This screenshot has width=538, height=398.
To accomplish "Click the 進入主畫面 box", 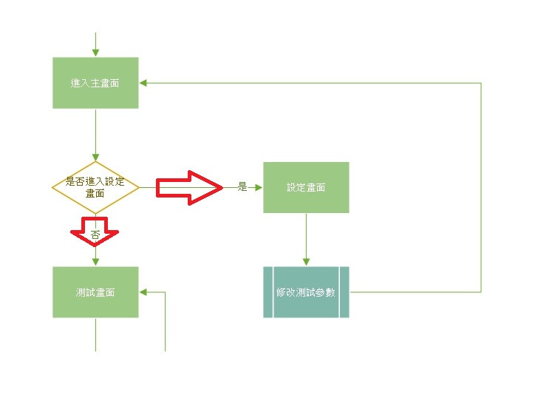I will click(x=95, y=83).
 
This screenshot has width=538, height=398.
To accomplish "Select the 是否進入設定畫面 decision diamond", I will click(x=95, y=188).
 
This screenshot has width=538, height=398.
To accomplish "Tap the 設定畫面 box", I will click(x=306, y=187).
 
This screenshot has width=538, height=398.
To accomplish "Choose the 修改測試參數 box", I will click(x=306, y=292).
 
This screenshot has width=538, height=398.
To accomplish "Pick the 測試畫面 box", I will click(x=95, y=292).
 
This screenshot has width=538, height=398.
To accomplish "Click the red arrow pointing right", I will click(x=189, y=188).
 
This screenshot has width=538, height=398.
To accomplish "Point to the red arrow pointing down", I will click(x=95, y=230).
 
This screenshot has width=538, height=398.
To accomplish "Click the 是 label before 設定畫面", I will click(x=242, y=187).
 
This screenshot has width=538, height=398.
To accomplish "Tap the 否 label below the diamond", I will click(x=95, y=235).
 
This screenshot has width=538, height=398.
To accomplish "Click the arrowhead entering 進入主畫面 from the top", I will click(x=95, y=53).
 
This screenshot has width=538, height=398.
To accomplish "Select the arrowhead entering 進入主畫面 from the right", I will click(x=144, y=83).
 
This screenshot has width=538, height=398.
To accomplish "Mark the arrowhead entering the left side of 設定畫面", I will click(x=258, y=187).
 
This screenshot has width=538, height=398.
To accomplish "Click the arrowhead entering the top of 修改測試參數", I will click(x=306, y=262).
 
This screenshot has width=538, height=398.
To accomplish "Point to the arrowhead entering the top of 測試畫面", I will click(x=95, y=262).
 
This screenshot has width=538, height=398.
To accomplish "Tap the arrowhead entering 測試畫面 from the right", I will click(x=144, y=292).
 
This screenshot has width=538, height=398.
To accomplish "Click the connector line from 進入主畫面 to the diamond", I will click(x=95, y=135).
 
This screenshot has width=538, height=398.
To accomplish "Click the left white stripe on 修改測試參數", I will click(x=273, y=292).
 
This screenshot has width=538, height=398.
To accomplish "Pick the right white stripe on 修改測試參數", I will click(x=339, y=292).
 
